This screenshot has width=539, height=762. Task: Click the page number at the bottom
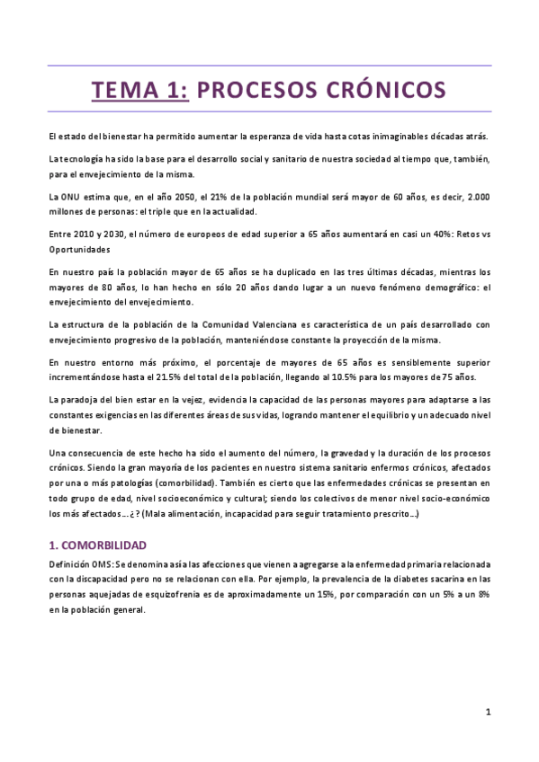coord(487,713)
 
